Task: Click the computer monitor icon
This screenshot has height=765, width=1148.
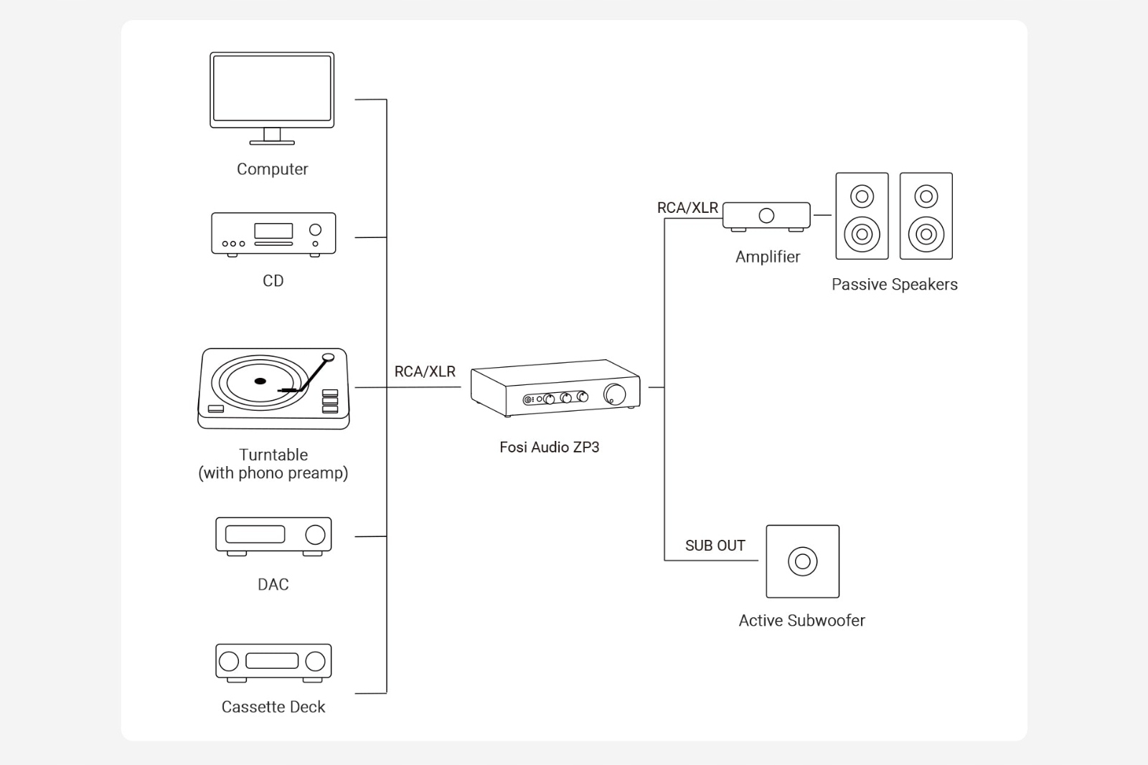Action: tap(272, 98)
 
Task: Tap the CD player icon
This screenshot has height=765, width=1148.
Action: tap(273, 234)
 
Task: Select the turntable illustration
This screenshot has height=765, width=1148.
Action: tap(273, 389)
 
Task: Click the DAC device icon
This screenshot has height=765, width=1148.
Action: tap(273, 536)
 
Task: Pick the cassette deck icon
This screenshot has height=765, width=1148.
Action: tap(273, 662)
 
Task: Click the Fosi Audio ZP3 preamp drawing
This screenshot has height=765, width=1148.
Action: tap(555, 388)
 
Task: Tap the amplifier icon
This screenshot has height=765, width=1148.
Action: tap(766, 216)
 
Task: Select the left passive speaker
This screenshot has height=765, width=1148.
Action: tap(862, 216)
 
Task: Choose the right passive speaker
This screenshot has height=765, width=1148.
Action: tap(926, 216)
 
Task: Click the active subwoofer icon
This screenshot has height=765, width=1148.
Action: tap(802, 561)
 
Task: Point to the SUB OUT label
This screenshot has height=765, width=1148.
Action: tap(715, 546)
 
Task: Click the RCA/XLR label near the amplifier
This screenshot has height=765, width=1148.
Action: tap(687, 208)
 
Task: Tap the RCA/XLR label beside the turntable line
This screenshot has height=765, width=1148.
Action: tap(425, 371)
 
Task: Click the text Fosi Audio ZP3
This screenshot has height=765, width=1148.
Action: tap(549, 447)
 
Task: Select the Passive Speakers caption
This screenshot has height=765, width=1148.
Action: tap(894, 285)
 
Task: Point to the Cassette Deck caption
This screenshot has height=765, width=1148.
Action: tap(273, 707)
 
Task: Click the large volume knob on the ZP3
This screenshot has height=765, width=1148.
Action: tap(614, 394)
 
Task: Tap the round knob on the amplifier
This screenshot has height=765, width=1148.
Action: tap(766, 215)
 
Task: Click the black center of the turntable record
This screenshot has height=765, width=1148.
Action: tap(260, 381)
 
